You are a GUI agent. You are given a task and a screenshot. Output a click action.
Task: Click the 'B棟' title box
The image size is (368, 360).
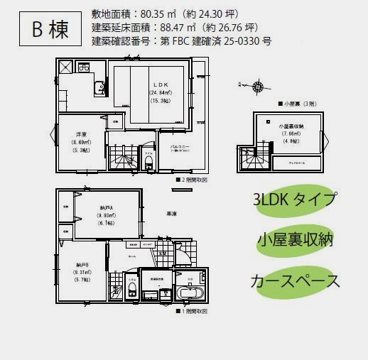[x=48, y=29]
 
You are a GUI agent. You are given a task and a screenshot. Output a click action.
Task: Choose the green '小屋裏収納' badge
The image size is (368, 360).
[x=293, y=240]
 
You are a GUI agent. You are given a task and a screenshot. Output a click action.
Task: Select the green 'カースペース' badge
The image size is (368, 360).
[x=293, y=280]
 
